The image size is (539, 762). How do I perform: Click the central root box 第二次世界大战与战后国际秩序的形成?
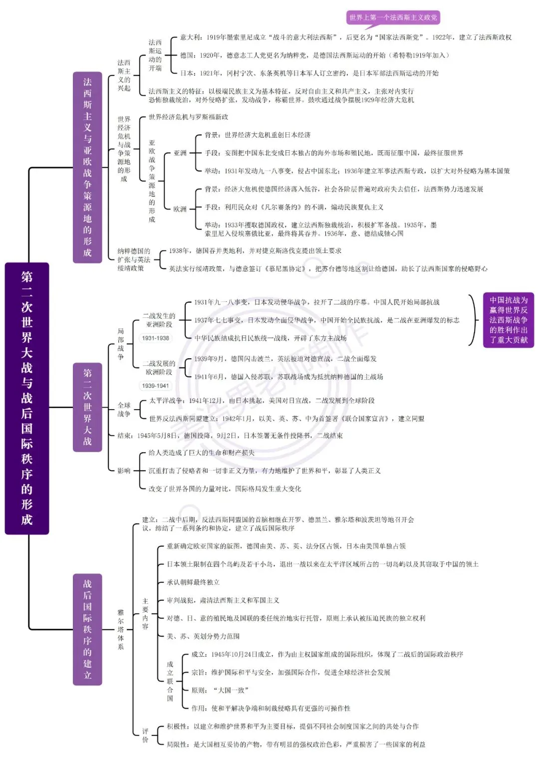pyautogui.click(x=27, y=398)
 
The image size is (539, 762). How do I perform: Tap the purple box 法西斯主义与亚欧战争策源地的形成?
pyautogui.click(x=87, y=167)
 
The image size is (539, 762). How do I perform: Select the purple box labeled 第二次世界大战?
pyautogui.click(x=87, y=407)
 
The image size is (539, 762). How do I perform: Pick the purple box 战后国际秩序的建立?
pyautogui.click(x=87, y=629)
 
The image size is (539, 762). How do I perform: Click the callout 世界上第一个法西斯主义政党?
pyautogui.click(x=393, y=17)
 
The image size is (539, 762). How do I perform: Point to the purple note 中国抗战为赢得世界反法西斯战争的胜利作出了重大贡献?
pyautogui.click(x=509, y=320)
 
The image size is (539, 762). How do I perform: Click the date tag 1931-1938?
pyautogui.click(x=156, y=338)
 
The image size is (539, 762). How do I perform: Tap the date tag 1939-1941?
pyautogui.click(x=156, y=386)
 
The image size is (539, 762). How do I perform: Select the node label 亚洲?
pyautogui.click(x=180, y=153)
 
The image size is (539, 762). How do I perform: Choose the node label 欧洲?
pyautogui.click(x=180, y=209)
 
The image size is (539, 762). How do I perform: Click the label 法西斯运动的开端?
pyautogui.click(x=155, y=55)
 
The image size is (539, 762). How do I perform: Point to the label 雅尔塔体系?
pyautogui.click(x=121, y=629)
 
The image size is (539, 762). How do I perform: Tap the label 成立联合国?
pyautogui.click(x=170, y=681)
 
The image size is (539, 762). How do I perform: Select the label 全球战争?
pyautogui.click(x=124, y=409)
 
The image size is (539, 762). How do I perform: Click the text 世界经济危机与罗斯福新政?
pyautogui.click(x=188, y=117)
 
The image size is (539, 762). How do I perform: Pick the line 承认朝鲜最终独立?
pyautogui.click(x=193, y=582)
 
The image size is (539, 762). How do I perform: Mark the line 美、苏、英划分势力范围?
pyautogui.click(x=203, y=636)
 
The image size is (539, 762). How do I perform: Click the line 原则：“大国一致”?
pyautogui.click(x=220, y=690)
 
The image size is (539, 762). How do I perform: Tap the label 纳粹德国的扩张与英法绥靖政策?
pyautogui.click(x=134, y=259)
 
